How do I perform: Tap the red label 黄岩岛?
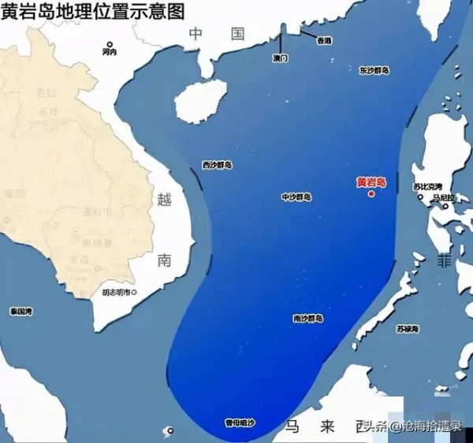[x=371, y=182]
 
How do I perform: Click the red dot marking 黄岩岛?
[x=371, y=193]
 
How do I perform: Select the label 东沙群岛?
[x=374, y=70]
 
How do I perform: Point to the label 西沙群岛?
[x=217, y=166]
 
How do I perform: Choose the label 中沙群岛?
[x=296, y=197]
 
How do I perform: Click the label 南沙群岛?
[x=307, y=318]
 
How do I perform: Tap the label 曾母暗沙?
[x=240, y=423]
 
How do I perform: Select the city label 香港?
[x=323, y=40]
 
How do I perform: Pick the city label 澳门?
[x=281, y=58]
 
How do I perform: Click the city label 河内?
[x=109, y=52]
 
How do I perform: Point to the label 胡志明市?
[x=117, y=292]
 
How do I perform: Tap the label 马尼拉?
[x=445, y=198]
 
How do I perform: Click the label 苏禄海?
[x=408, y=328]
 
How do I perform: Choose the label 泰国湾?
[x=20, y=312]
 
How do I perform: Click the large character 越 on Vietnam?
[x=164, y=199]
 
